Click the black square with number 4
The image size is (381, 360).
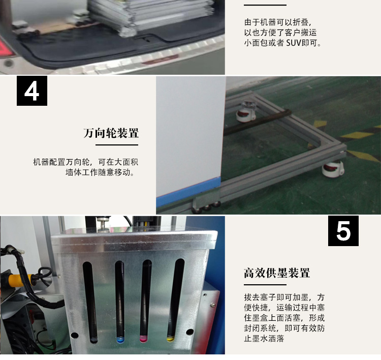[32, 91]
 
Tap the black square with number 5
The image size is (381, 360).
[343, 231]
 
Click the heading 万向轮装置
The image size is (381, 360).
[111, 133]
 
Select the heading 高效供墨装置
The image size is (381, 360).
[277, 273]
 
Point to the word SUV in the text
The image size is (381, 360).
[294, 43]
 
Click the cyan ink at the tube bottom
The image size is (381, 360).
[120, 339]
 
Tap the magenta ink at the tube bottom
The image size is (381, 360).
[144, 338]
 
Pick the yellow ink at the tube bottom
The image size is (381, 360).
[170, 338]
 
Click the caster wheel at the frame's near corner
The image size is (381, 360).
[333, 168]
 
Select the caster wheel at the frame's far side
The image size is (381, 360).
[246, 112]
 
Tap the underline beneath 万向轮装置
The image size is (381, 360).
[117, 145]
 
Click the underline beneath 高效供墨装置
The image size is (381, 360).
[265, 285]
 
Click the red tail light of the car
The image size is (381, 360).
[6, 48]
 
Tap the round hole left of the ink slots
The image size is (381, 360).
[74, 336]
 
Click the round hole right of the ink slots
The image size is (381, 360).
[189, 332]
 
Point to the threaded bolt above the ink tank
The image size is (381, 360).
[103, 223]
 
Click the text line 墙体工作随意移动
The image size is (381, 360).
[100, 172]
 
